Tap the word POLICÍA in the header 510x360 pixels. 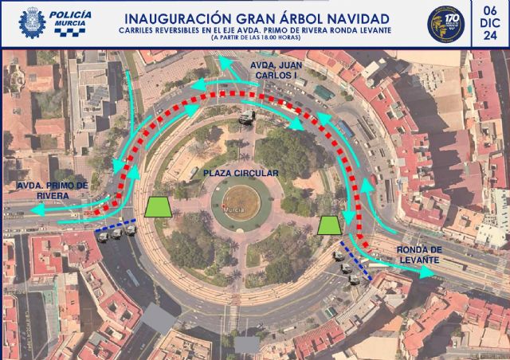click(69, 15)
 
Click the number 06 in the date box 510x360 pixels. click(488, 10)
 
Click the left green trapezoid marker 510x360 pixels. click(161, 205)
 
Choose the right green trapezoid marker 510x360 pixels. click(328, 225)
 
